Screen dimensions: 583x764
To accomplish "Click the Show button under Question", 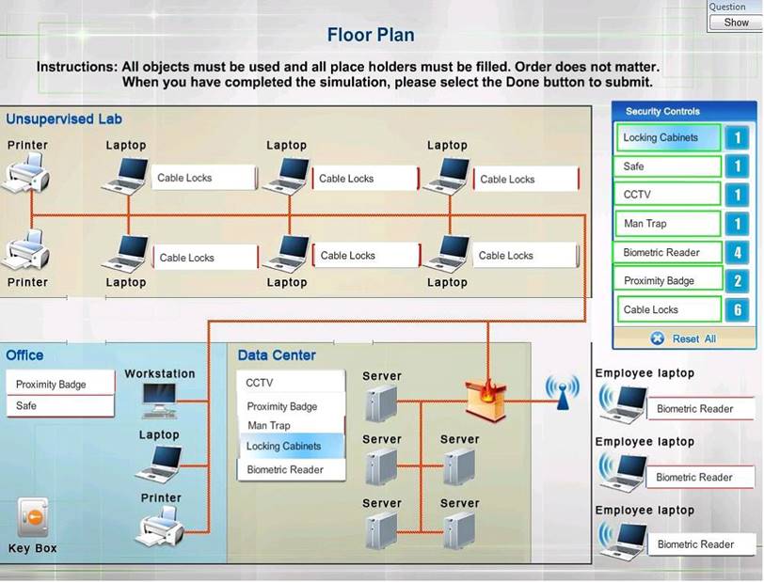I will pos(736,23).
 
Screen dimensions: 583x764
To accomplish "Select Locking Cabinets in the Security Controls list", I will pos(667,138).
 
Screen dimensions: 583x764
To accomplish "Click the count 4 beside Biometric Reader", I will pos(738,253).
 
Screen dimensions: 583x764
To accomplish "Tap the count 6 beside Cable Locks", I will pos(738,309).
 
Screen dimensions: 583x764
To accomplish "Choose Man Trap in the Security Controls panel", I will pos(667,224).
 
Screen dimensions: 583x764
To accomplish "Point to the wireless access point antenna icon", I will pos(563,392).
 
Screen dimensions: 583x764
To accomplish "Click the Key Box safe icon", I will pos(33,518).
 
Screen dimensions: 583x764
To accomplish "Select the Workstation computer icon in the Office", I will pos(157,401).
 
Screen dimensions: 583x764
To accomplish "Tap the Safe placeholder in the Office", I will pos(59,406).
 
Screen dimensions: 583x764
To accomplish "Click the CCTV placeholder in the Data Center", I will pos(291,383).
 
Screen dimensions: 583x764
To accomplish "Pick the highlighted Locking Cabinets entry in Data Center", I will pos(291,447).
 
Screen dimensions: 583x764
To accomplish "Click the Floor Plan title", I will pos(371,36).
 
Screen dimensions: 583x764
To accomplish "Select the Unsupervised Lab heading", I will pos(64,119).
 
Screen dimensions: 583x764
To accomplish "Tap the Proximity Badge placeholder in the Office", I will pos(59,385).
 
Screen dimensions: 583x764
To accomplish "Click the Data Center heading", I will pos(277,355).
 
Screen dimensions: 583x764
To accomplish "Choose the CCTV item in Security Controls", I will pos(667,195).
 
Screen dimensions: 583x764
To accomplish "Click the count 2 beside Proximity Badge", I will pos(738,281).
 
